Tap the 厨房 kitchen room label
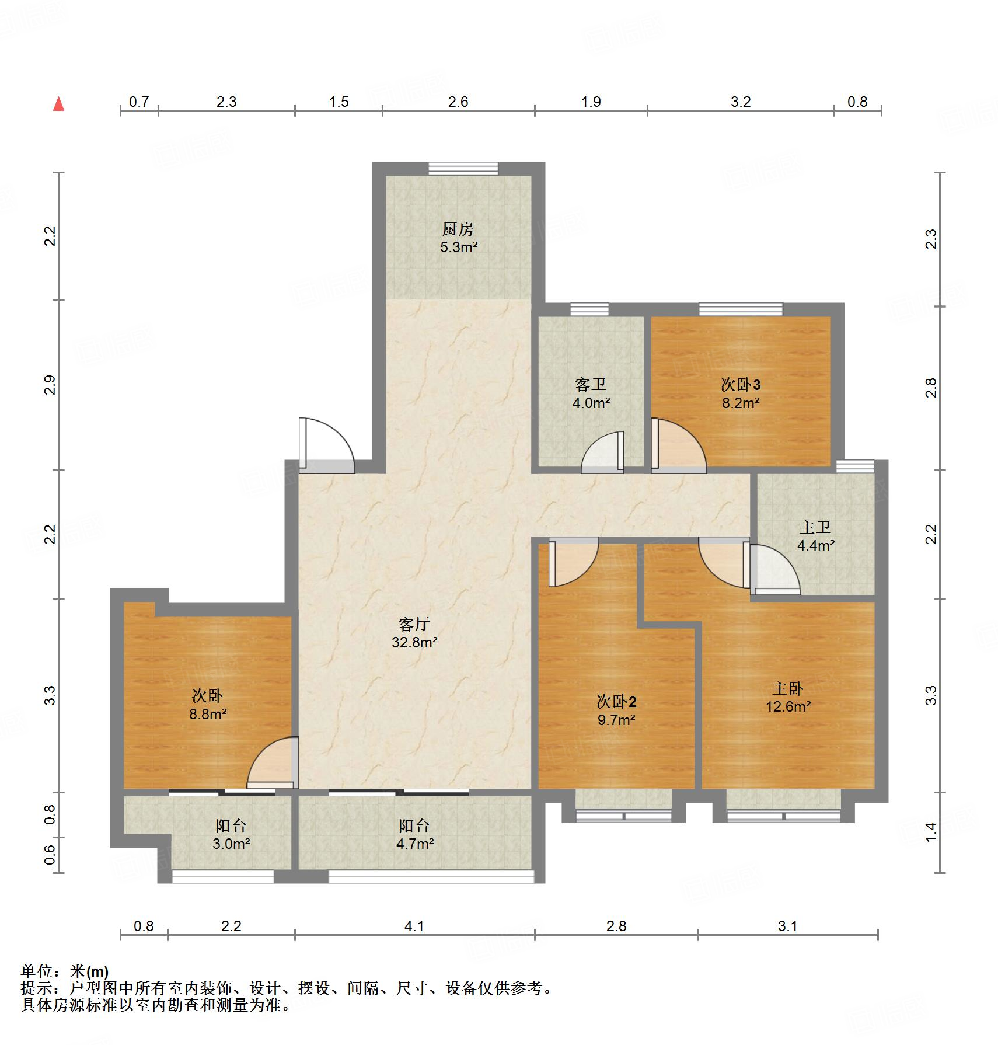[x=458, y=229]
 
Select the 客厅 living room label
[x=414, y=624]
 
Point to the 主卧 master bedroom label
[x=788, y=688]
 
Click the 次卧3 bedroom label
[x=741, y=384]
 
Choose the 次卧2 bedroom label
[x=616, y=701]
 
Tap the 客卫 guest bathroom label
[x=591, y=384]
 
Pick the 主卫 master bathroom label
[x=815, y=527]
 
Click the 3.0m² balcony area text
[x=232, y=844]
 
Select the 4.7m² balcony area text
[x=415, y=844]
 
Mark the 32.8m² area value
[x=415, y=642]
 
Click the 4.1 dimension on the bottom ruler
[x=414, y=926]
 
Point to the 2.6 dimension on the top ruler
[x=458, y=102]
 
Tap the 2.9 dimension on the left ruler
[x=50, y=385]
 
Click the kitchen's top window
[x=463, y=169]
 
